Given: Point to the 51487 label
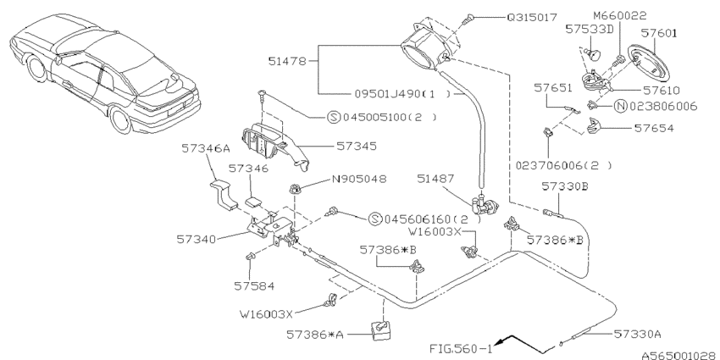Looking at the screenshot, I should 436,179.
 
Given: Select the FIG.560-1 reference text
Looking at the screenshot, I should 457,346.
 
